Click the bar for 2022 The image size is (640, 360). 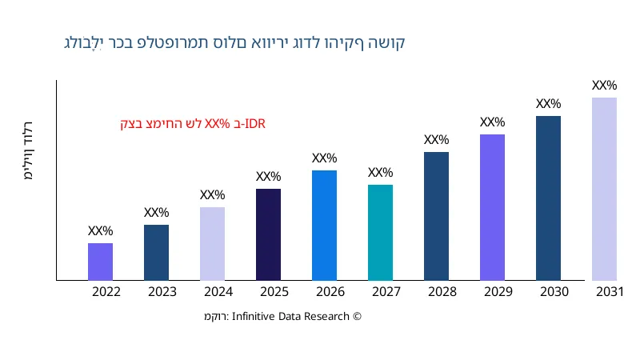(100, 262)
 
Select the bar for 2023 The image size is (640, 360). (156, 253)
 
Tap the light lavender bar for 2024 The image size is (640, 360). (212, 244)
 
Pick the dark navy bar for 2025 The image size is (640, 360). (268, 234)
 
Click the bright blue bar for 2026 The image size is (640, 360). (324, 226)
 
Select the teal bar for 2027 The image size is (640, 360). (380, 233)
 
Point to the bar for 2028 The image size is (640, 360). (436, 216)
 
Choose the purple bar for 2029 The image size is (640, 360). (492, 207)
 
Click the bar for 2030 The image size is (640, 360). (548, 198)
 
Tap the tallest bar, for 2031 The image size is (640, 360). (604, 189)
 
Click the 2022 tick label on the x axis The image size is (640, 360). (106, 292)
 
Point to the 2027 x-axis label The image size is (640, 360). (386, 292)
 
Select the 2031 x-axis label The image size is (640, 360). (610, 292)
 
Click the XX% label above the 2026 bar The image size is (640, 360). (324, 158)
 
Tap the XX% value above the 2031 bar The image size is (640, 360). (604, 86)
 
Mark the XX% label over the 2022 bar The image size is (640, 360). (100, 231)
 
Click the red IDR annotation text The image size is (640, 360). (193, 124)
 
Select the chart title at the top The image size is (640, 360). (234, 42)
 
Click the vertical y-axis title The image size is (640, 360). (29, 151)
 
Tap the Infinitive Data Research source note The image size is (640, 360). (283, 317)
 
